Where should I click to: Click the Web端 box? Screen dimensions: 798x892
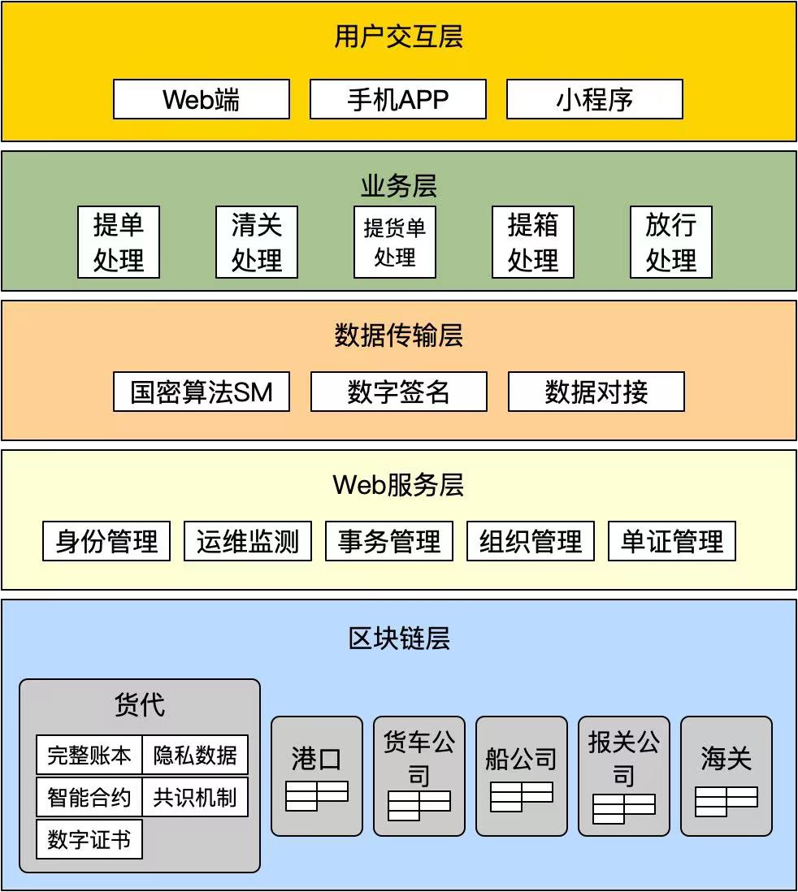[202, 99]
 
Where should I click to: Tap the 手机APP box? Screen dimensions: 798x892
[398, 99]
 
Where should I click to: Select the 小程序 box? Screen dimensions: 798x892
[595, 99]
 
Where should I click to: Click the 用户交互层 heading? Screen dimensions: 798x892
[398, 37]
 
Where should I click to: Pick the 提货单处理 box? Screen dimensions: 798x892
[395, 242]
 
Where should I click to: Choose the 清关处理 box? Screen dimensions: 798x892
[257, 242]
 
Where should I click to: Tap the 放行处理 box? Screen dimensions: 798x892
[671, 242]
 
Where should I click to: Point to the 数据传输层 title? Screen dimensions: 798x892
[398, 335]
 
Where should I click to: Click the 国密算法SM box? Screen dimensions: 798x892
[202, 392]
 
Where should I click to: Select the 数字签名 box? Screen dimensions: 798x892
[399, 392]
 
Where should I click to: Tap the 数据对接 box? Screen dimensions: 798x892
[596, 392]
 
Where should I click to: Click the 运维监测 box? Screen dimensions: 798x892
[248, 541]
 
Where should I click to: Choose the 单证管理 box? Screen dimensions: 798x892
[672, 541]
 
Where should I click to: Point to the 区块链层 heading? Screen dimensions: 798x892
[399, 639]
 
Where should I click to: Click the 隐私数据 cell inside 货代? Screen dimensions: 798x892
[195, 755]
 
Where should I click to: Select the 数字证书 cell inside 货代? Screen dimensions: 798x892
[89, 839]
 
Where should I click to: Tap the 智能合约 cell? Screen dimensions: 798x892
[89, 797]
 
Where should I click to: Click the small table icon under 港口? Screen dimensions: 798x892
[317, 796]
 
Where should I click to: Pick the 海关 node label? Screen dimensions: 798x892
[726, 759]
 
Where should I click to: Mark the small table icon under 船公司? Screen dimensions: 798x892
[522, 797]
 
